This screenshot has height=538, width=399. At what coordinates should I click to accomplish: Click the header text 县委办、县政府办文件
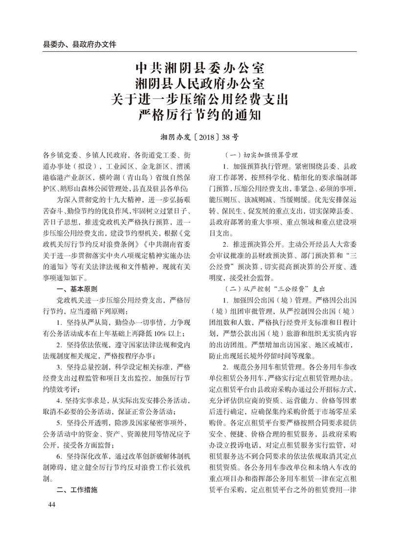coord(80,44)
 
